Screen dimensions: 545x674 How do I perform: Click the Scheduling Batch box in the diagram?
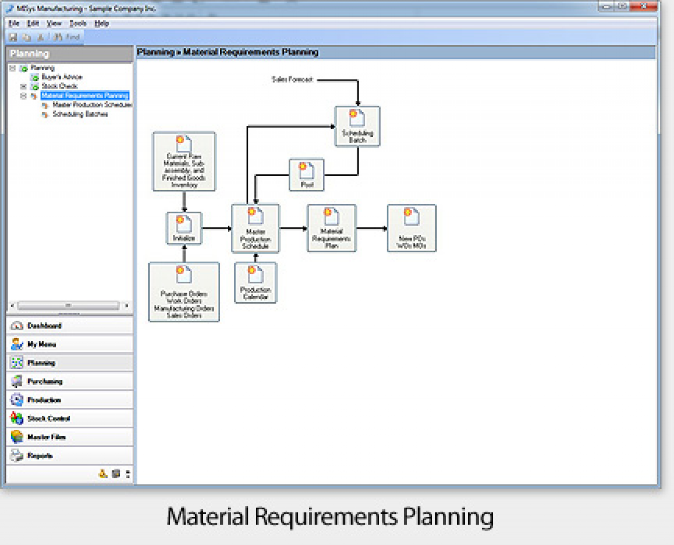point(357,127)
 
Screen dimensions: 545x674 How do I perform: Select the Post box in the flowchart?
point(307,175)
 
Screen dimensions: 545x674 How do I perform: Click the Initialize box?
point(184,228)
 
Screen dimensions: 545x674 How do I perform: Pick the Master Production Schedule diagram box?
point(255,228)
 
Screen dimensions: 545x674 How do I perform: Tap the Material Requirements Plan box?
point(332,228)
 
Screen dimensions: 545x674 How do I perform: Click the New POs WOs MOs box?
point(412,228)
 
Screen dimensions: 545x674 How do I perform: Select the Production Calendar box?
point(255,283)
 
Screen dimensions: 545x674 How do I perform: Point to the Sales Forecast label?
point(292,79)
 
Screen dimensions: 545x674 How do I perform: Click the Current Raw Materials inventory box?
point(184,162)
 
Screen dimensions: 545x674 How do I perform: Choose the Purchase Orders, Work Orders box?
point(184,292)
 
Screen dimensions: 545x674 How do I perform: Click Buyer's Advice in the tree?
point(62,77)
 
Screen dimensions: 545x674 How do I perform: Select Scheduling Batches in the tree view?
point(80,114)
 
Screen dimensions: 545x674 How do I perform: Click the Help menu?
point(102,24)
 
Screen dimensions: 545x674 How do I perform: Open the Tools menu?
point(78,24)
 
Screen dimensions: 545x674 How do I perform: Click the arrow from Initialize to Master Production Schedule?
point(216,228)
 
